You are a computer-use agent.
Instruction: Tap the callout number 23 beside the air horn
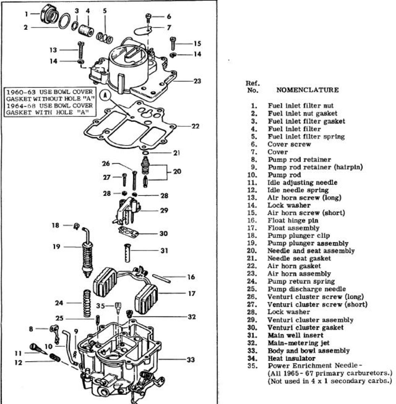click(197, 81)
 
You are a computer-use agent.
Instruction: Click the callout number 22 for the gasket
click(195, 126)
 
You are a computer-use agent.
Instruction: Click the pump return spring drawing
click(87, 303)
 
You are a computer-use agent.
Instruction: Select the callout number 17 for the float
click(192, 294)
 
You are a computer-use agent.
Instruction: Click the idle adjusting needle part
click(38, 348)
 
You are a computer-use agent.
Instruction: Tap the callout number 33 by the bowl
click(191, 360)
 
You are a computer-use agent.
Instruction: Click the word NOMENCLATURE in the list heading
click(307, 90)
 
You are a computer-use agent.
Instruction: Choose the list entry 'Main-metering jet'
click(299, 343)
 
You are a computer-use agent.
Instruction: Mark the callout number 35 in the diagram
click(101, 306)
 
